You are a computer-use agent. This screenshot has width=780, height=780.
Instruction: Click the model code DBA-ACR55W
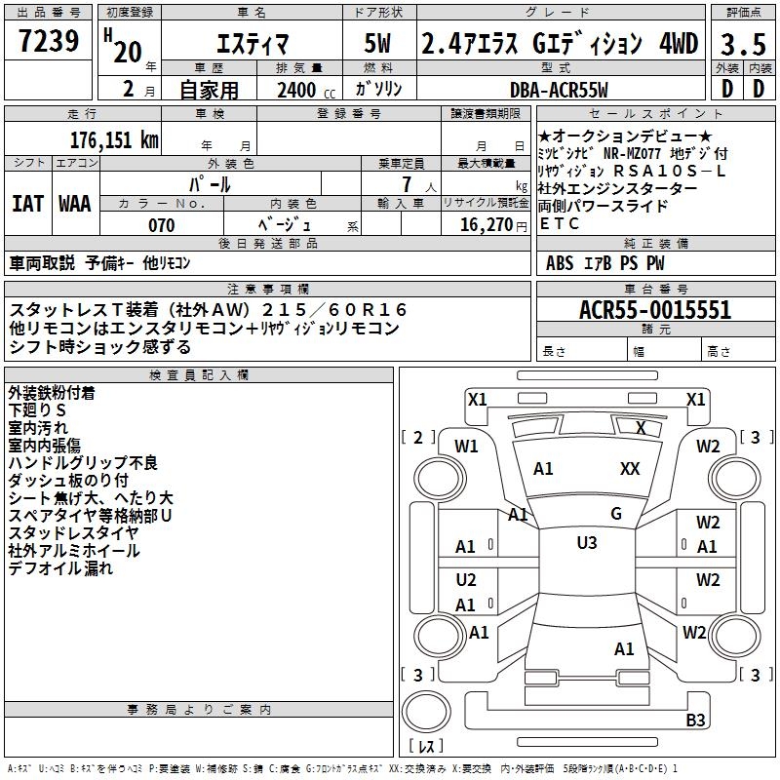[559, 90]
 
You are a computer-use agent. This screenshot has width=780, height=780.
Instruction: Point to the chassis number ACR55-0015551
[654, 311]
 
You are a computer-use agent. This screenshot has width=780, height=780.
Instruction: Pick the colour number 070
[161, 225]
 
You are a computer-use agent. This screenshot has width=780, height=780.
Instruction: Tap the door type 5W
[378, 44]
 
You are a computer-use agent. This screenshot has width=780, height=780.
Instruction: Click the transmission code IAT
[27, 204]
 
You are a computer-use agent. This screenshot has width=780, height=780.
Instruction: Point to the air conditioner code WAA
[74, 204]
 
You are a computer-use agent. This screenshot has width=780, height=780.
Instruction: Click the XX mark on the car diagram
[630, 469]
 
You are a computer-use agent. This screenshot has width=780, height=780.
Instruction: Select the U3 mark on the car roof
[586, 543]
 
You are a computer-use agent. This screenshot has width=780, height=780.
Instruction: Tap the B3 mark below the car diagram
[695, 720]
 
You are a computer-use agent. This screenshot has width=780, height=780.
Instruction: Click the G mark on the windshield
[615, 513]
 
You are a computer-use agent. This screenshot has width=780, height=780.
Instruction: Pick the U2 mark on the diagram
[466, 580]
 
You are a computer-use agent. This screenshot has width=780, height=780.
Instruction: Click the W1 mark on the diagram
[467, 447]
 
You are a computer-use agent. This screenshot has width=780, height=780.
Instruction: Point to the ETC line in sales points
[559, 223]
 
